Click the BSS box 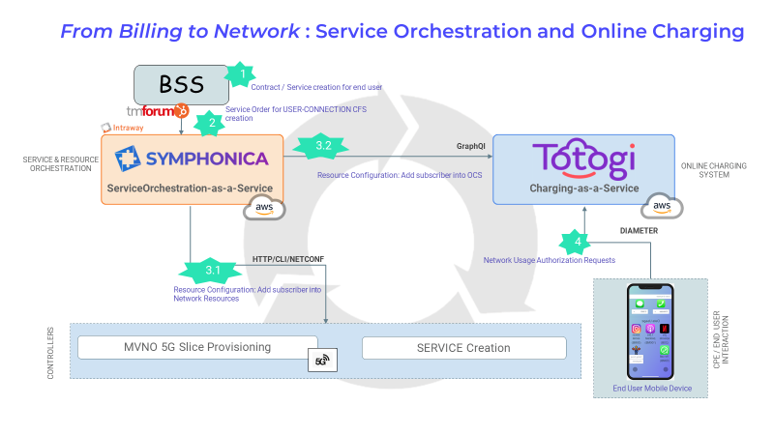[181, 84]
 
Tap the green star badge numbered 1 [237, 72]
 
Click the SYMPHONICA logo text [192, 158]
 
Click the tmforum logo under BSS [157, 111]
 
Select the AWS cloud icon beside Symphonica [264, 206]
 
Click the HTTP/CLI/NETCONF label [287, 259]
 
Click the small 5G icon [320, 362]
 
